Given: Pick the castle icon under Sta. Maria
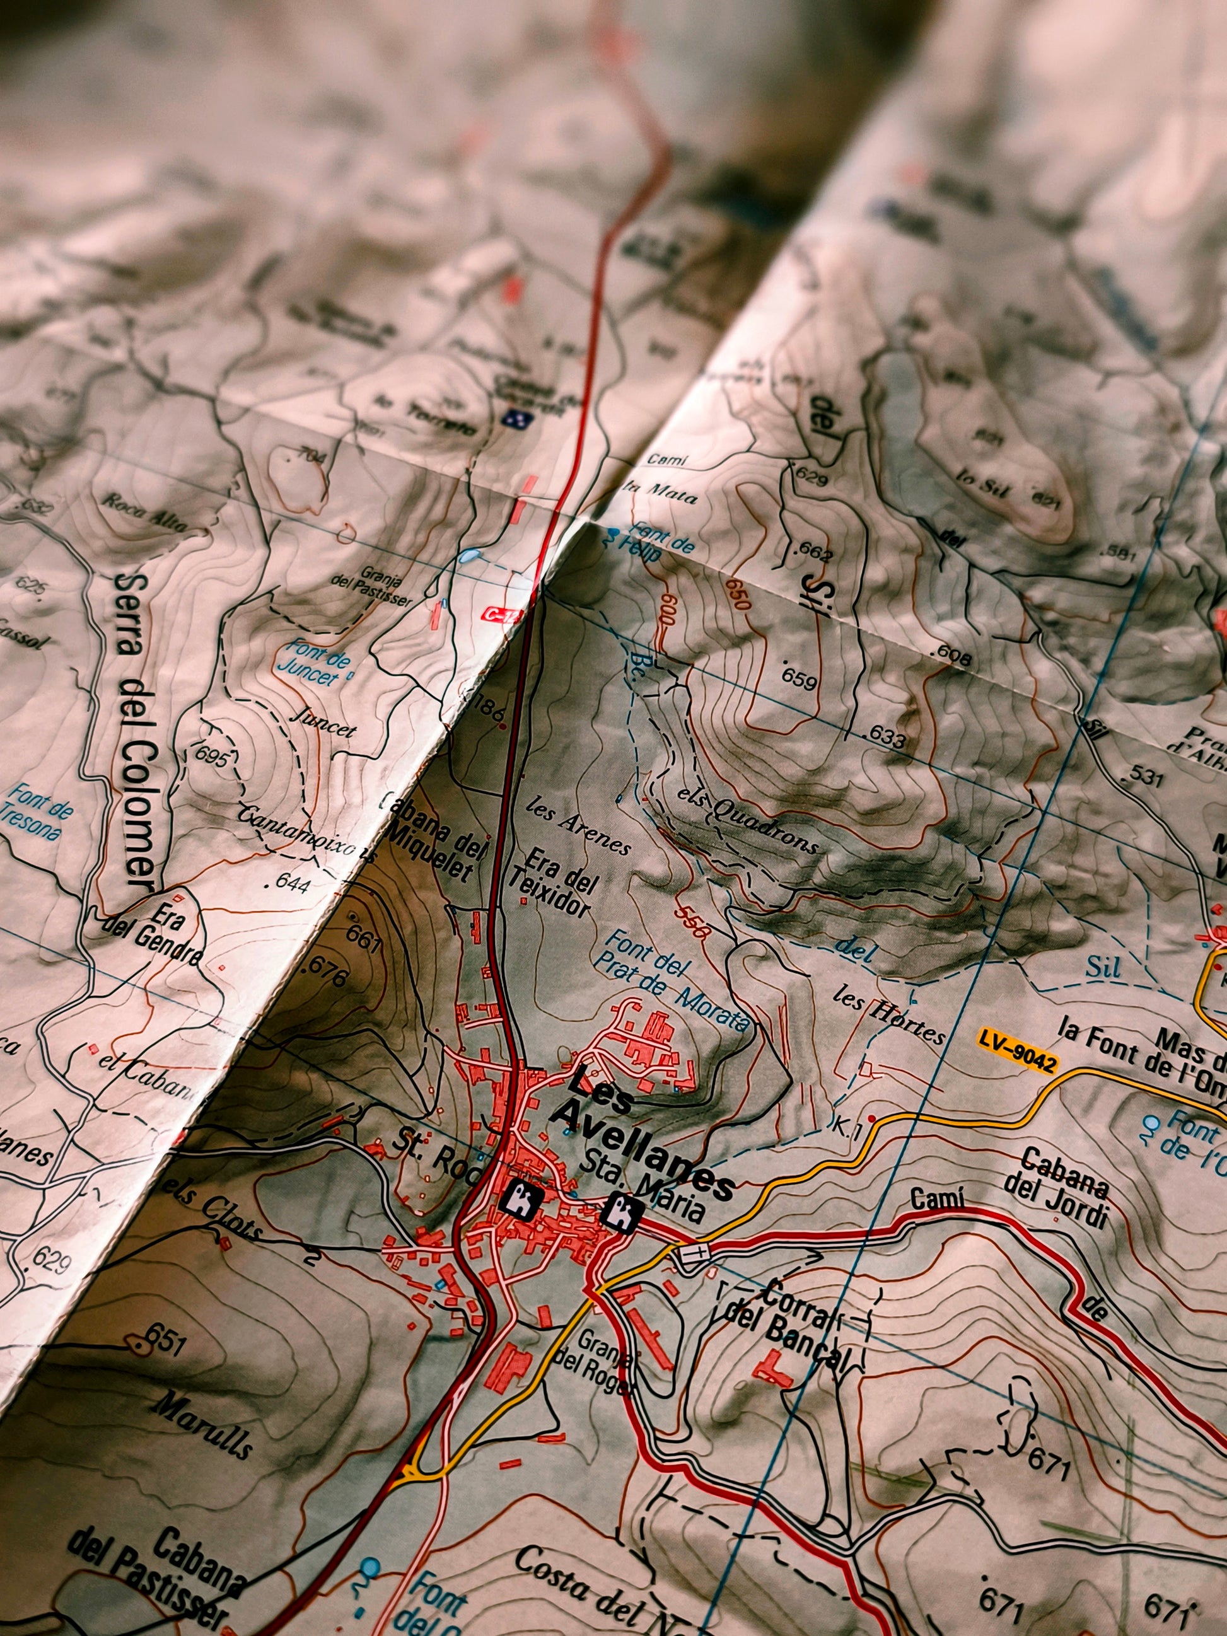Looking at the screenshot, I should click(622, 1214).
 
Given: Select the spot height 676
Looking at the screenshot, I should click(325, 971).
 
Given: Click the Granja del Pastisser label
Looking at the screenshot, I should click(371, 586).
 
